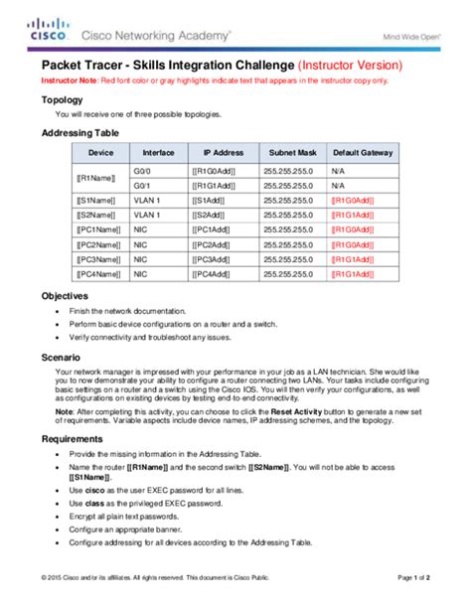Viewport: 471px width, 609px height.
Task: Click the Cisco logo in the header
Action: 48,28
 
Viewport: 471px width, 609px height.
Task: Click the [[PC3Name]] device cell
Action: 98,258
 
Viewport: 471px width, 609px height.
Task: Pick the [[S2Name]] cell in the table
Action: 96,215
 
